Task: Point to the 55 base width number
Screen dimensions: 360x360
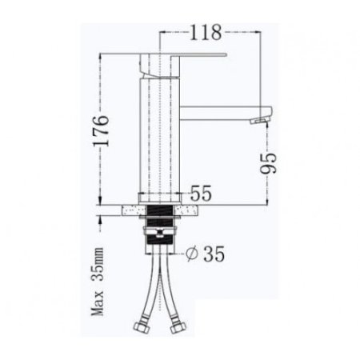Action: pyautogui.click(x=201, y=194)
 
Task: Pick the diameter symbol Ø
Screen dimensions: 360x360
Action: pyautogui.click(x=191, y=254)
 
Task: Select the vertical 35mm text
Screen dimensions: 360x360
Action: pyautogui.click(x=98, y=264)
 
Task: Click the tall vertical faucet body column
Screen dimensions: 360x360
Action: pyautogui.click(x=158, y=136)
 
